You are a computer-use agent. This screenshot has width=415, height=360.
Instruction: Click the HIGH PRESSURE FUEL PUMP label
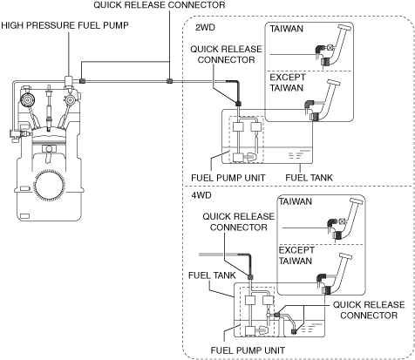click(x=65, y=25)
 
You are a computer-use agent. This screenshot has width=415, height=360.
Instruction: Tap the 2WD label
click(x=205, y=28)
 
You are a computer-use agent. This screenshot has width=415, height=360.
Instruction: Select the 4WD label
click(x=201, y=195)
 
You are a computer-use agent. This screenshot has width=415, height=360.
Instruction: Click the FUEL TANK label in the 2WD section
click(x=309, y=178)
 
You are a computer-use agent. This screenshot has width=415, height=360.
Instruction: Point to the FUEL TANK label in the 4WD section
click(x=212, y=275)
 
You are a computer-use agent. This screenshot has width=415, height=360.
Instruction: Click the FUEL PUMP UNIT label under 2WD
click(x=228, y=178)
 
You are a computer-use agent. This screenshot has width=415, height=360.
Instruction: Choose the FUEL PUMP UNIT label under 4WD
click(x=248, y=350)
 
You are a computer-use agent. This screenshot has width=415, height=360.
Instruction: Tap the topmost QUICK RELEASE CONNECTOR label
click(x=160, y=5)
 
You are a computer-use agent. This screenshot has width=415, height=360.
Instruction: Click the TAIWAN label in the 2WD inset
click(x=287, y=29)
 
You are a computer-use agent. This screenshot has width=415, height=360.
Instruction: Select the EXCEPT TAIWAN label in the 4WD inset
click(x=296, y=255)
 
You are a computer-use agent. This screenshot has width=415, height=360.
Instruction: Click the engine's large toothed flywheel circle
click(x=49, y=183)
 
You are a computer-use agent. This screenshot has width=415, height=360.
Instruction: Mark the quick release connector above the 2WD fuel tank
click(x=238, y=104)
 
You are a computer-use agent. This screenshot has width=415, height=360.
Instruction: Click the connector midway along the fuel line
click(x=169, y=81)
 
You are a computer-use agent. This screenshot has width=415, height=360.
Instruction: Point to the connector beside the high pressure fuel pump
click(x=82, y=81)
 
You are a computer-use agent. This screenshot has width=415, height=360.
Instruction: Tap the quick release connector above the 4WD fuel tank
click(x=250, y=276)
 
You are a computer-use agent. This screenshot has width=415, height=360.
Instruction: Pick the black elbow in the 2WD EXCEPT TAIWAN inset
click(x=309, y=105)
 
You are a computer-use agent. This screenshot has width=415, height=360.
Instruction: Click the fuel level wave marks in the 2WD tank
click(x=296, y=154)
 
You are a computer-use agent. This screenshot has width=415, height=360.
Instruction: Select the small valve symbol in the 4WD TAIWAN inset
click(x=342, y=221)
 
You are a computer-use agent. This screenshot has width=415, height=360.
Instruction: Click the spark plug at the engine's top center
click(x=49, y=107)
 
